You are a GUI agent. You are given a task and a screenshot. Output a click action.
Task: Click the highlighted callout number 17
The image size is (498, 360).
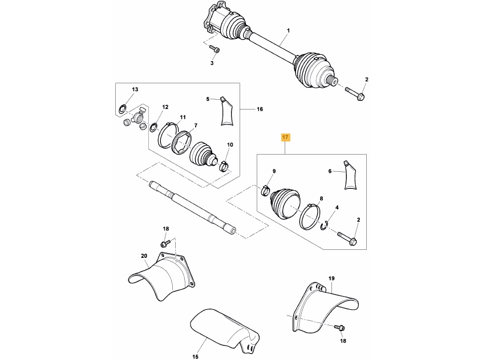point(285,137)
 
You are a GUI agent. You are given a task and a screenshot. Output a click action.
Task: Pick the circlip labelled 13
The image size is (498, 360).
point(123,108)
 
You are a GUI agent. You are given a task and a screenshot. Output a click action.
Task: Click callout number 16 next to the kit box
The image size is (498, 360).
point(260,109)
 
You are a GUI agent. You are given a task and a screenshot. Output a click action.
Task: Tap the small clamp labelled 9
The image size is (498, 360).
point(266,191)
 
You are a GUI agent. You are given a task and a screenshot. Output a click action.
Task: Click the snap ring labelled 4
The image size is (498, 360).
point(325,226)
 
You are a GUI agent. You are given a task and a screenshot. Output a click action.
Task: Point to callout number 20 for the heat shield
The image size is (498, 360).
point(144,256)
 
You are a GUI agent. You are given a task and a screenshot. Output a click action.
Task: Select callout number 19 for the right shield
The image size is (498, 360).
point(331,278)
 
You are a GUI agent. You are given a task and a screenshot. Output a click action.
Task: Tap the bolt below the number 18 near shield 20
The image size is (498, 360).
point(164,244)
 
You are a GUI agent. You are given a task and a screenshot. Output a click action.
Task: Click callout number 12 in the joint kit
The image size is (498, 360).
point(165,107)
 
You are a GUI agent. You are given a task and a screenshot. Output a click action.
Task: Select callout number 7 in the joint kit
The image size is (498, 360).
point(195,126)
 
